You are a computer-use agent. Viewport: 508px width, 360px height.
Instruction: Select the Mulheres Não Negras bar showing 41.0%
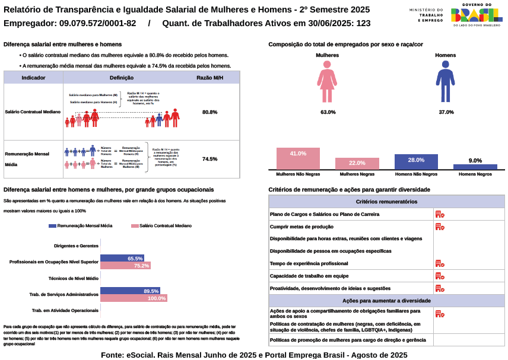point(298,158)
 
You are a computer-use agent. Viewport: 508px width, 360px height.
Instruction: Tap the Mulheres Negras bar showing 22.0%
point(357,163)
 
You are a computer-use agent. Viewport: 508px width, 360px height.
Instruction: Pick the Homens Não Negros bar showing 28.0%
point(416,161)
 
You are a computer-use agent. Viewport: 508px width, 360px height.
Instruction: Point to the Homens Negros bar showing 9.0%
point(475,167)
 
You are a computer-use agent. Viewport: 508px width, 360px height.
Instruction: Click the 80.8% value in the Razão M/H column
point(209,112)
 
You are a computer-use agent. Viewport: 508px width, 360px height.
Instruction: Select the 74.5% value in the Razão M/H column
point(209,159)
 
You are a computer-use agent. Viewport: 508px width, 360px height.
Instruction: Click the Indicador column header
point(33,78)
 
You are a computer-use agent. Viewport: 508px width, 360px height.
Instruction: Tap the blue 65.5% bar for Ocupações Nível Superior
point(122,259)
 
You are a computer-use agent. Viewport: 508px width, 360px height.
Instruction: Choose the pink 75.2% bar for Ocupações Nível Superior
point(125,266)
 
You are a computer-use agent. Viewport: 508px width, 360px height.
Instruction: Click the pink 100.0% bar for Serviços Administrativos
point(134,298)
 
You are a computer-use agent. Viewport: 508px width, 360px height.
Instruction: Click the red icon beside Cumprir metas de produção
point(439,227)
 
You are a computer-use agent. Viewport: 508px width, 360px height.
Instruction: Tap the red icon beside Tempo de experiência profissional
point(439,263)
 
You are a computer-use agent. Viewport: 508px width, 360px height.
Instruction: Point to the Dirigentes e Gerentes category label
point(76,246)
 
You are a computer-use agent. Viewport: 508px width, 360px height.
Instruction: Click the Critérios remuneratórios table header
point(386,202)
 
